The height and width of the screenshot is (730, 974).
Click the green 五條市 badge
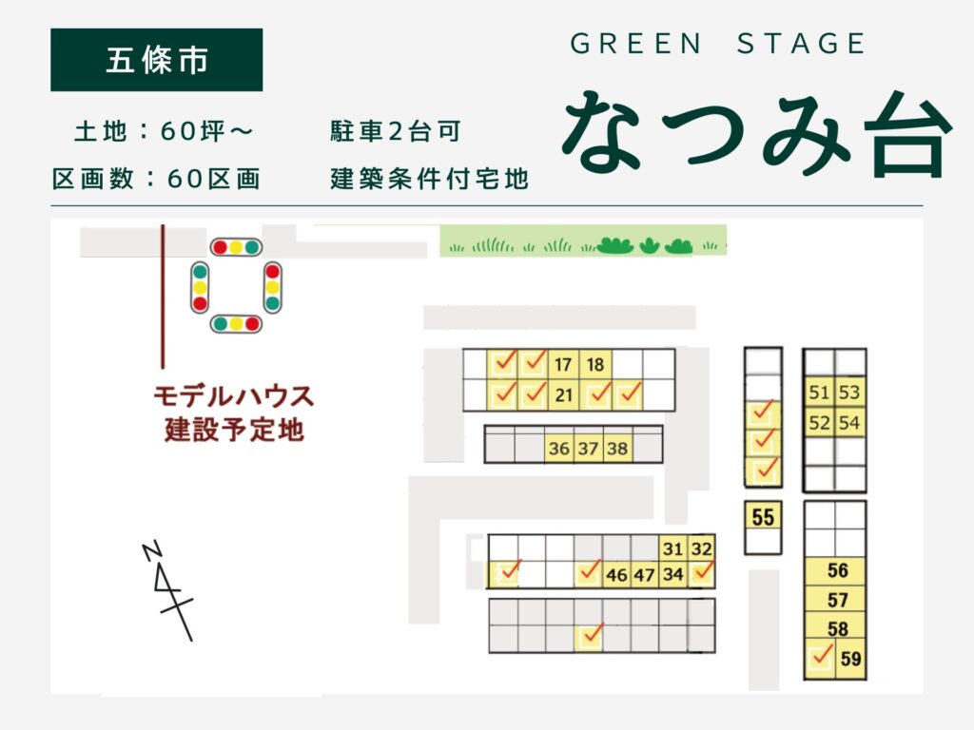[x=156, y=60]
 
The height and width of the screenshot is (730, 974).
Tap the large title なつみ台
[x=756, y=134]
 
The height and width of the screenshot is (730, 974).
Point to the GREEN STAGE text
[x=718, y=44]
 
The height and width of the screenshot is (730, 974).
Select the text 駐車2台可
[x=395, y=132]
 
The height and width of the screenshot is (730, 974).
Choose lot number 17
[x=563, y=365]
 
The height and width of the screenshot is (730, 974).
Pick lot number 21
[x=563, y=394]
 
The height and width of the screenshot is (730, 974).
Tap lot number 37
[x=589, y=449]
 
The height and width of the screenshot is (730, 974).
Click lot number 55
[x=763, y=518]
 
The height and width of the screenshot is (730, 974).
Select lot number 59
[x=850, y=658]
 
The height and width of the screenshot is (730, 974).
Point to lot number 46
[x=616, y=574]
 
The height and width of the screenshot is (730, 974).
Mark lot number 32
[x=701, y=548]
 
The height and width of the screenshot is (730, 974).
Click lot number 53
[x=849, y=393]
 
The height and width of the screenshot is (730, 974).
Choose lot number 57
[x=837, y=600]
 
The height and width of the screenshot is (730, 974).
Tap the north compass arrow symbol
[x=167, y=589]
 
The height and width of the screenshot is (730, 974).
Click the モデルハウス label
[x=233, y=394]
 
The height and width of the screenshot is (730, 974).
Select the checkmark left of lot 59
[x=821, y=656]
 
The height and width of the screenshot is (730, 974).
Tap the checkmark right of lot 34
[x=703, y=572]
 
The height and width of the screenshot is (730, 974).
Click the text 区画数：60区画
[x=156, y=179]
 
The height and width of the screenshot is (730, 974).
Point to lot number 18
[x=595, y=365]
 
